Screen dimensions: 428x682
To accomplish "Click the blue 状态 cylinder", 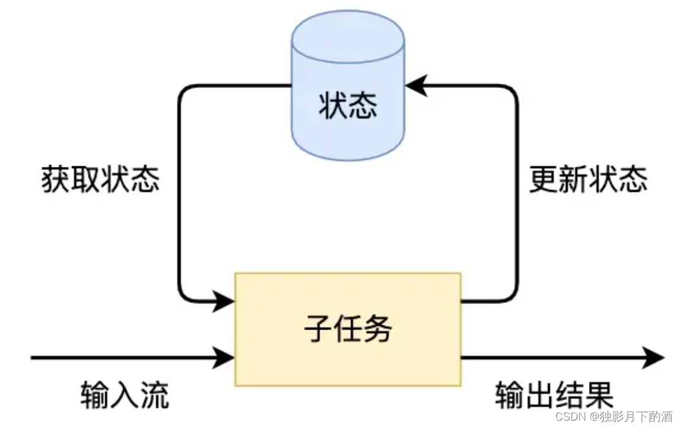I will [x=347, y=122].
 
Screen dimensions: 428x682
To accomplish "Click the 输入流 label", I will [x=124, y=396].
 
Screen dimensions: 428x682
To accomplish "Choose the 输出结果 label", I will [x=554, y=396].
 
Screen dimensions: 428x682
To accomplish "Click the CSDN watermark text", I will [x=571, y=417].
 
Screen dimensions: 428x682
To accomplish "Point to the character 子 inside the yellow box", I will [x=318, y=330].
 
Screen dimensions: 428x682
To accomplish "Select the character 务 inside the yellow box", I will [x=377, y=330].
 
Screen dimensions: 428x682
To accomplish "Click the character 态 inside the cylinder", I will [x=363, y=105].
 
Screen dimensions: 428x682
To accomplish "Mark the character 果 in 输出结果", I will [x=599, y=396].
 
